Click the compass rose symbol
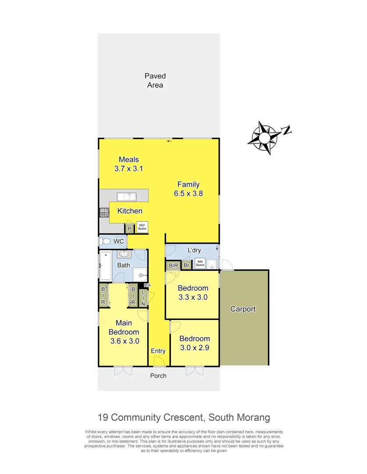pos(265,138)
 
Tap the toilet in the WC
pos(106,241)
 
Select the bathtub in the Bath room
pos(106,266)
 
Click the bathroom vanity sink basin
pos(124,254)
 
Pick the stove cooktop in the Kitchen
pos(103,212)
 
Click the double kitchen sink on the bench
pos(126,197)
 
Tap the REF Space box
pos(142,227)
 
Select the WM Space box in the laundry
pos(200,263)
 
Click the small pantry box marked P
pos(129,229)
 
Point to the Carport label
pos(243,309)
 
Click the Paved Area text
pos(155,81)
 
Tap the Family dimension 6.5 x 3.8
pos(189,193)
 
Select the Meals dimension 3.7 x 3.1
pos(129,169)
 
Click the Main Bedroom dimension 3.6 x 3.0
pos(124,341)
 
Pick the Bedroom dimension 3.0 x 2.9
pos(194,348)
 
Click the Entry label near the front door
pos(158,351)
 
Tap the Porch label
pos(158,376)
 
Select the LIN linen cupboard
pos(143,298)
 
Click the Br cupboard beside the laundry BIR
pos(186,266)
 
